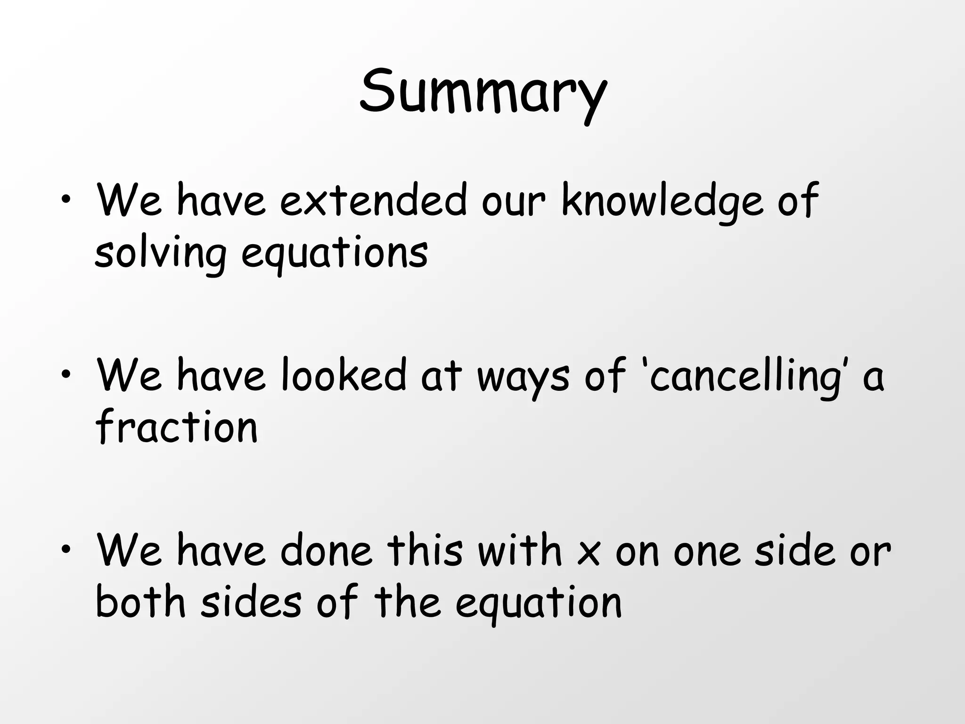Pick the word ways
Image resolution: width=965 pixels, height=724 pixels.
(523, 377)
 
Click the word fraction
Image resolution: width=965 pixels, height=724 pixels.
(177, 427)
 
